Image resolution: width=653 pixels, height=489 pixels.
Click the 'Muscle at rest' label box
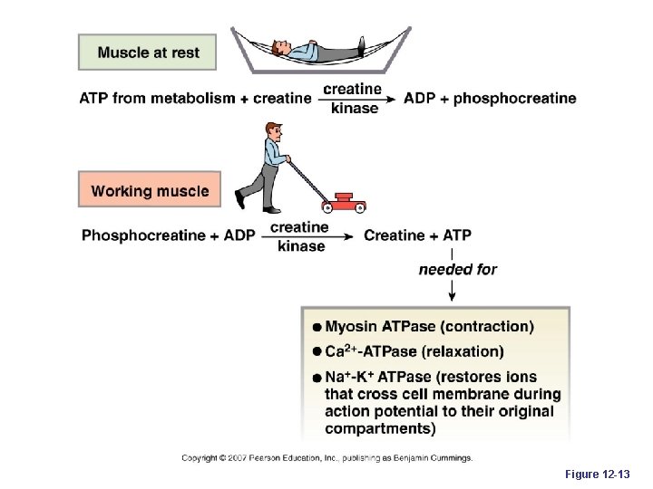point(149,53)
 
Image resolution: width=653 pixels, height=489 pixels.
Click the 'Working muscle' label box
point(150,191)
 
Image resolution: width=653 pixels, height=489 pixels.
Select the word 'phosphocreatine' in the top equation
point(514,98)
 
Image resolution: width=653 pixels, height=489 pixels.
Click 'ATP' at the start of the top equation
point(95,98)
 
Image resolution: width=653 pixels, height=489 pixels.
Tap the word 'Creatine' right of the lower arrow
point(395,235)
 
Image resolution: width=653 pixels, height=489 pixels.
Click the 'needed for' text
point(457,269)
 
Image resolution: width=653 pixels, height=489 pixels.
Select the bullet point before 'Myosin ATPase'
point(317,327)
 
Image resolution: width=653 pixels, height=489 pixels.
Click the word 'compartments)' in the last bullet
point(381,428)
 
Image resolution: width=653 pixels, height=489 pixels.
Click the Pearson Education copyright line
point(326,458)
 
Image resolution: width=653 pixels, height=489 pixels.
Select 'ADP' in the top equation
point(420,98)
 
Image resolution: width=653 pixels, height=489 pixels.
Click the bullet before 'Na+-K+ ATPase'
point(317,378)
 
